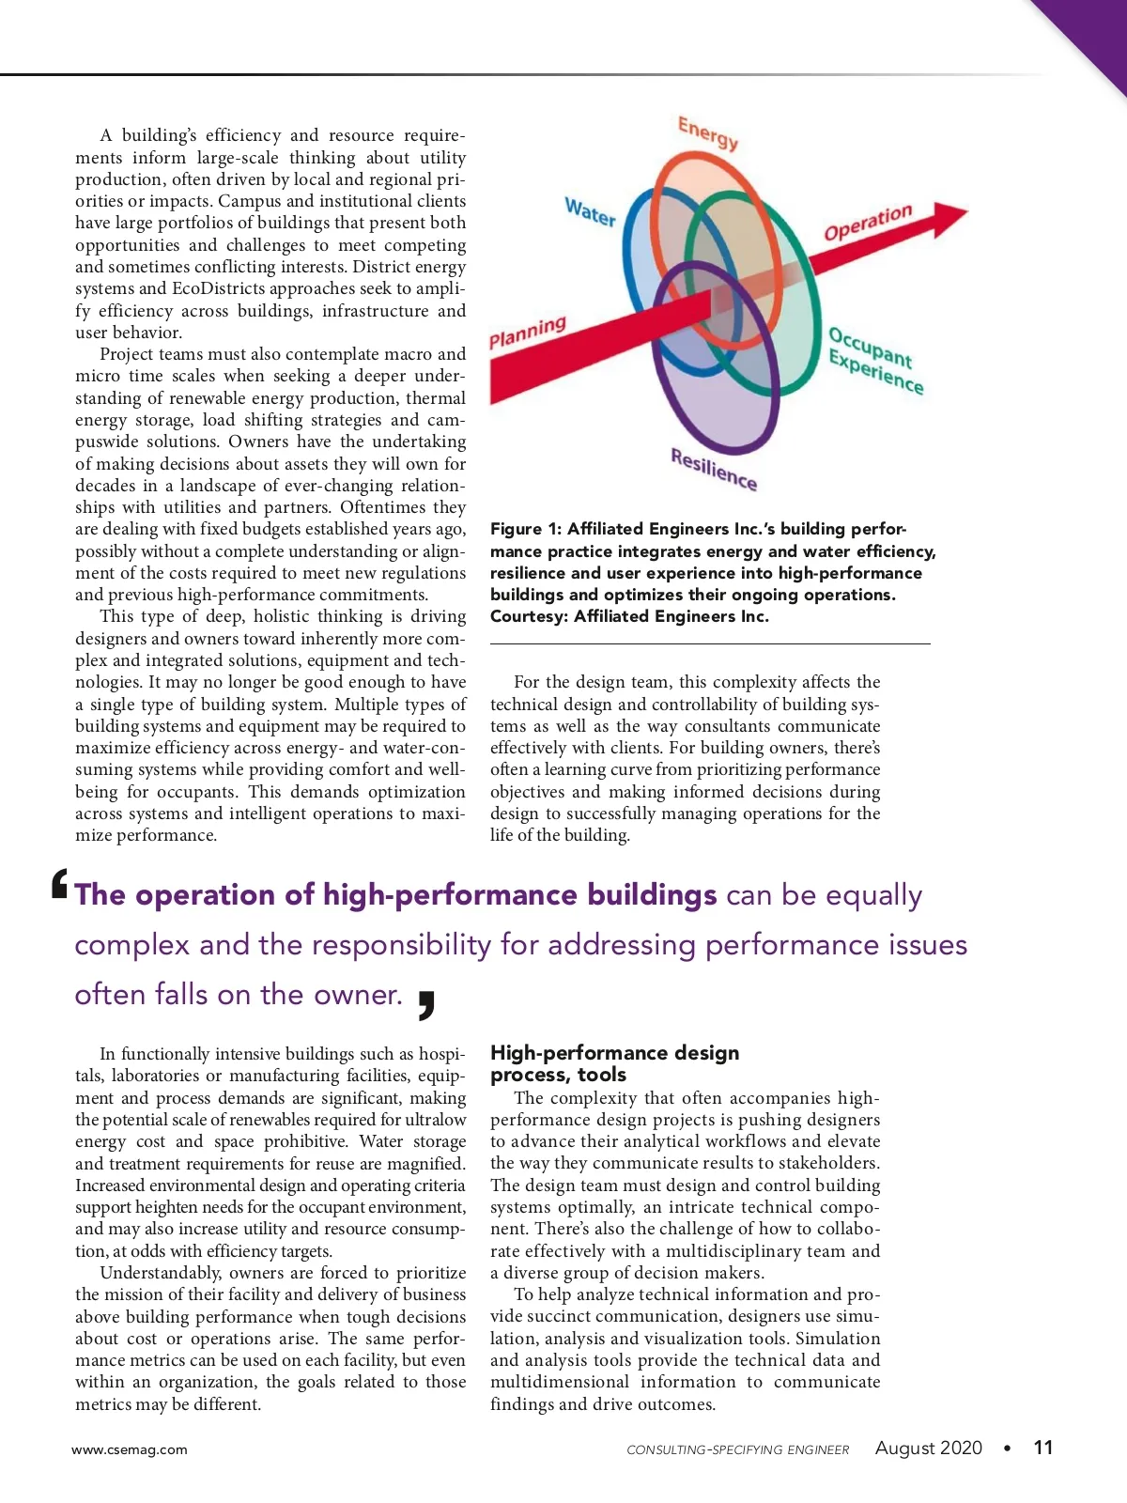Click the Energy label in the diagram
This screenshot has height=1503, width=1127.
click(708, 132)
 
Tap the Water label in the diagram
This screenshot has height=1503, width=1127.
click(590, 211)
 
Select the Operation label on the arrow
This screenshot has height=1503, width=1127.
click(868, 223)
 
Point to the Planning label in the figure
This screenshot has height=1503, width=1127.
click(528, 332)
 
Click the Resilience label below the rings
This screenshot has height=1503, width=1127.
click(714, 468)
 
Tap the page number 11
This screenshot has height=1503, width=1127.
click(1042, 1448)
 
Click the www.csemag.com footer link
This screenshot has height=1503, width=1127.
click(130, 1449)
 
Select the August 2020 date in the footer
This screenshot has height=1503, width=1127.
click(928, 1448)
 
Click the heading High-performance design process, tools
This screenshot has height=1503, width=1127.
click(614, 1063)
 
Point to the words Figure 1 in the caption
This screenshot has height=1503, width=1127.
click(525, 529)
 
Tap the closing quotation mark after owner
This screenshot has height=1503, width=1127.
click(425, 1003)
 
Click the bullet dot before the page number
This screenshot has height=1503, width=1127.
click(1008, 1449)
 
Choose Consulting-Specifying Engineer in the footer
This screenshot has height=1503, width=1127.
click(737, 1449)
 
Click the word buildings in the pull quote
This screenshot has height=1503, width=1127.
click(652, 894)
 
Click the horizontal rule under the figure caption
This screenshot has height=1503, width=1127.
click(710, 643)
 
